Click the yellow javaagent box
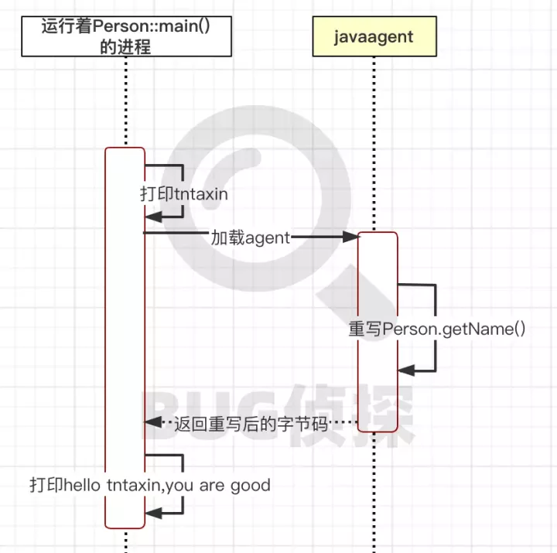coord(374,36)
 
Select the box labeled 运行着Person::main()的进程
coord(126,36)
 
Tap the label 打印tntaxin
coord(184,193)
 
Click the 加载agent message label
coord(250,237)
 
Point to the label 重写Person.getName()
coord(437,329)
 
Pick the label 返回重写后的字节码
coord(251,423)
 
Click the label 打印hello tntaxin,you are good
coord(150,486)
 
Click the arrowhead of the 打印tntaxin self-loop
coord(152,220)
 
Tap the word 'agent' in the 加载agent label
coord(267,237)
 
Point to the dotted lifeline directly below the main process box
coord(125,101)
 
